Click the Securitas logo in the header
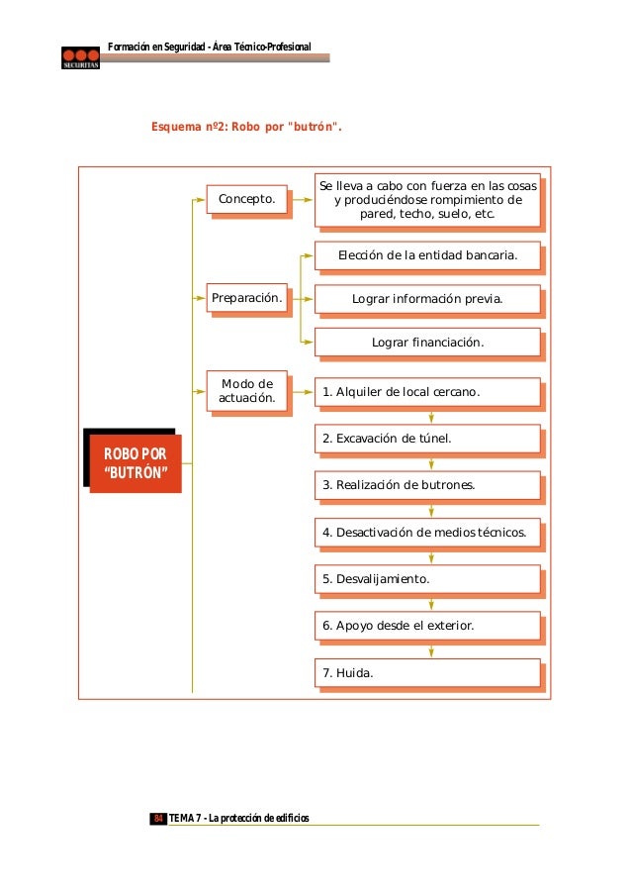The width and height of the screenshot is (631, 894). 78,56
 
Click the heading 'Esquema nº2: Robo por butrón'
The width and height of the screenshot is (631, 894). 246,127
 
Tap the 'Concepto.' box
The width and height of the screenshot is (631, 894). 246,199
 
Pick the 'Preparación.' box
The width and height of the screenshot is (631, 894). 246,297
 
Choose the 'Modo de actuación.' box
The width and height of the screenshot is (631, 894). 246,391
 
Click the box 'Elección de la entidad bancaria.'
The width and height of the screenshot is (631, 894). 427,255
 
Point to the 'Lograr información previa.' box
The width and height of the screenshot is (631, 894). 427,298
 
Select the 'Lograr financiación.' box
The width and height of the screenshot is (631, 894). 427,342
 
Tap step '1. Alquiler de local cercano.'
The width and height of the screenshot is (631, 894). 427,392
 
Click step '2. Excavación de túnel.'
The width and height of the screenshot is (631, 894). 427,439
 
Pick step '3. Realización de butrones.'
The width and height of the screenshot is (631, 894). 427,485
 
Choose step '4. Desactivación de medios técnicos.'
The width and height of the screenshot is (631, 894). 427,533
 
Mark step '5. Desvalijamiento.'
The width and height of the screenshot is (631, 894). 427,579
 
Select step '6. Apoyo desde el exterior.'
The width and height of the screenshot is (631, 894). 427,626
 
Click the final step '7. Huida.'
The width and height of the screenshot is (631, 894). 427,673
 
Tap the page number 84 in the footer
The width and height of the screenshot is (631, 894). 157,818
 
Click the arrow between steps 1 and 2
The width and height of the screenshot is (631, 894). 431,416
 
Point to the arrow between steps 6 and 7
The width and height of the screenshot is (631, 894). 431,650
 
